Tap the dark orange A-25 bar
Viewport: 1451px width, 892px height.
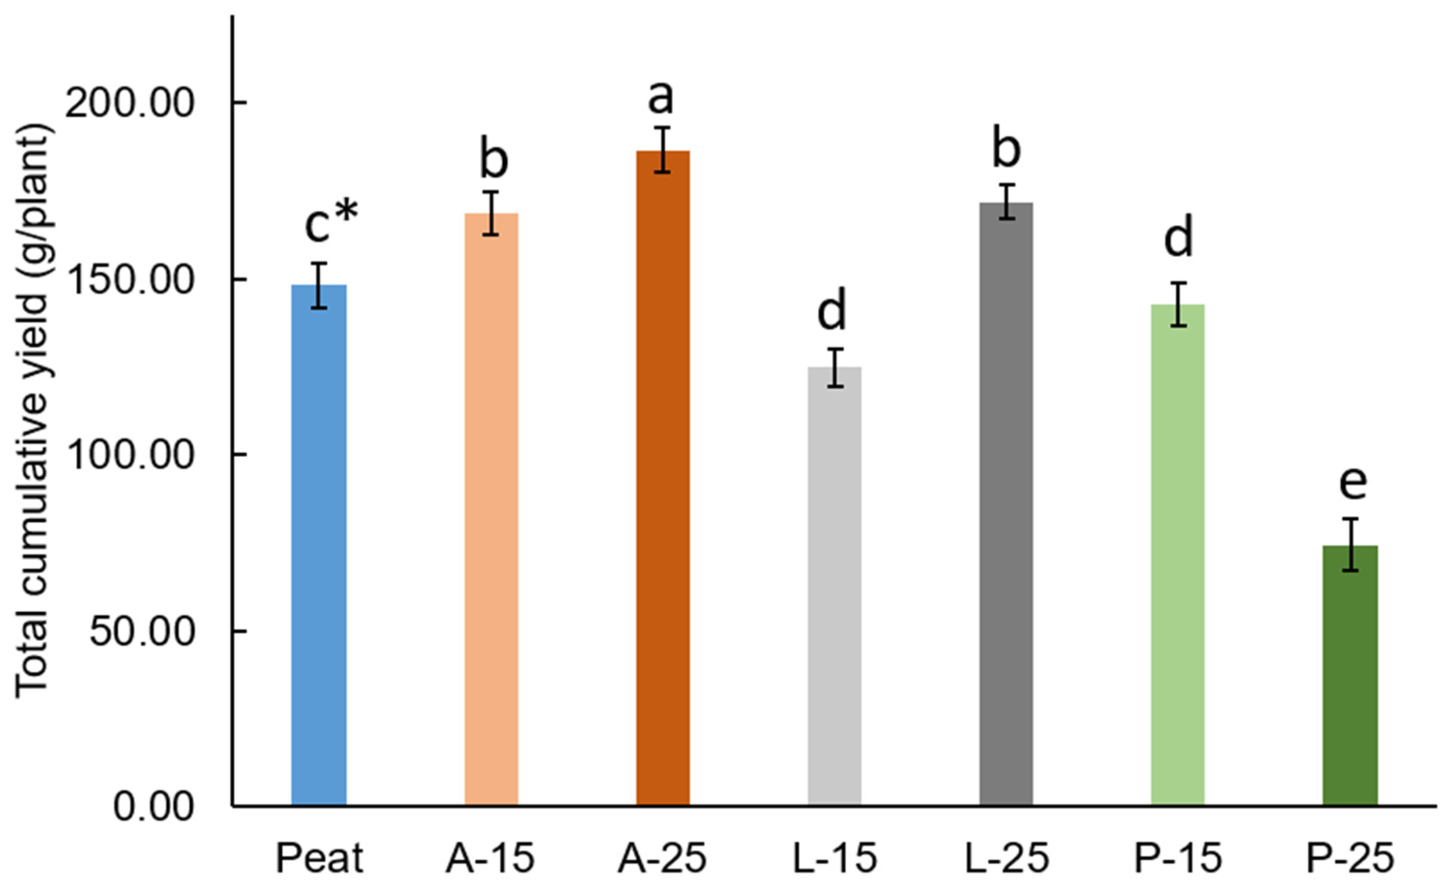point(662,478)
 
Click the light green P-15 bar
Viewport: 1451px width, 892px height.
point(1177,555)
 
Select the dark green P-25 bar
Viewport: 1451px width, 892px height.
point(1350,675)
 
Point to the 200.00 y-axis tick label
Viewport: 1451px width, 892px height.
point(129,104)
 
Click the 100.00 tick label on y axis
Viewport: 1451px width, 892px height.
point(129,456)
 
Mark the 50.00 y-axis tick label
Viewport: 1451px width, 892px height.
point(142,632)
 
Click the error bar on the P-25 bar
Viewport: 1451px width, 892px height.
point(1350,544)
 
